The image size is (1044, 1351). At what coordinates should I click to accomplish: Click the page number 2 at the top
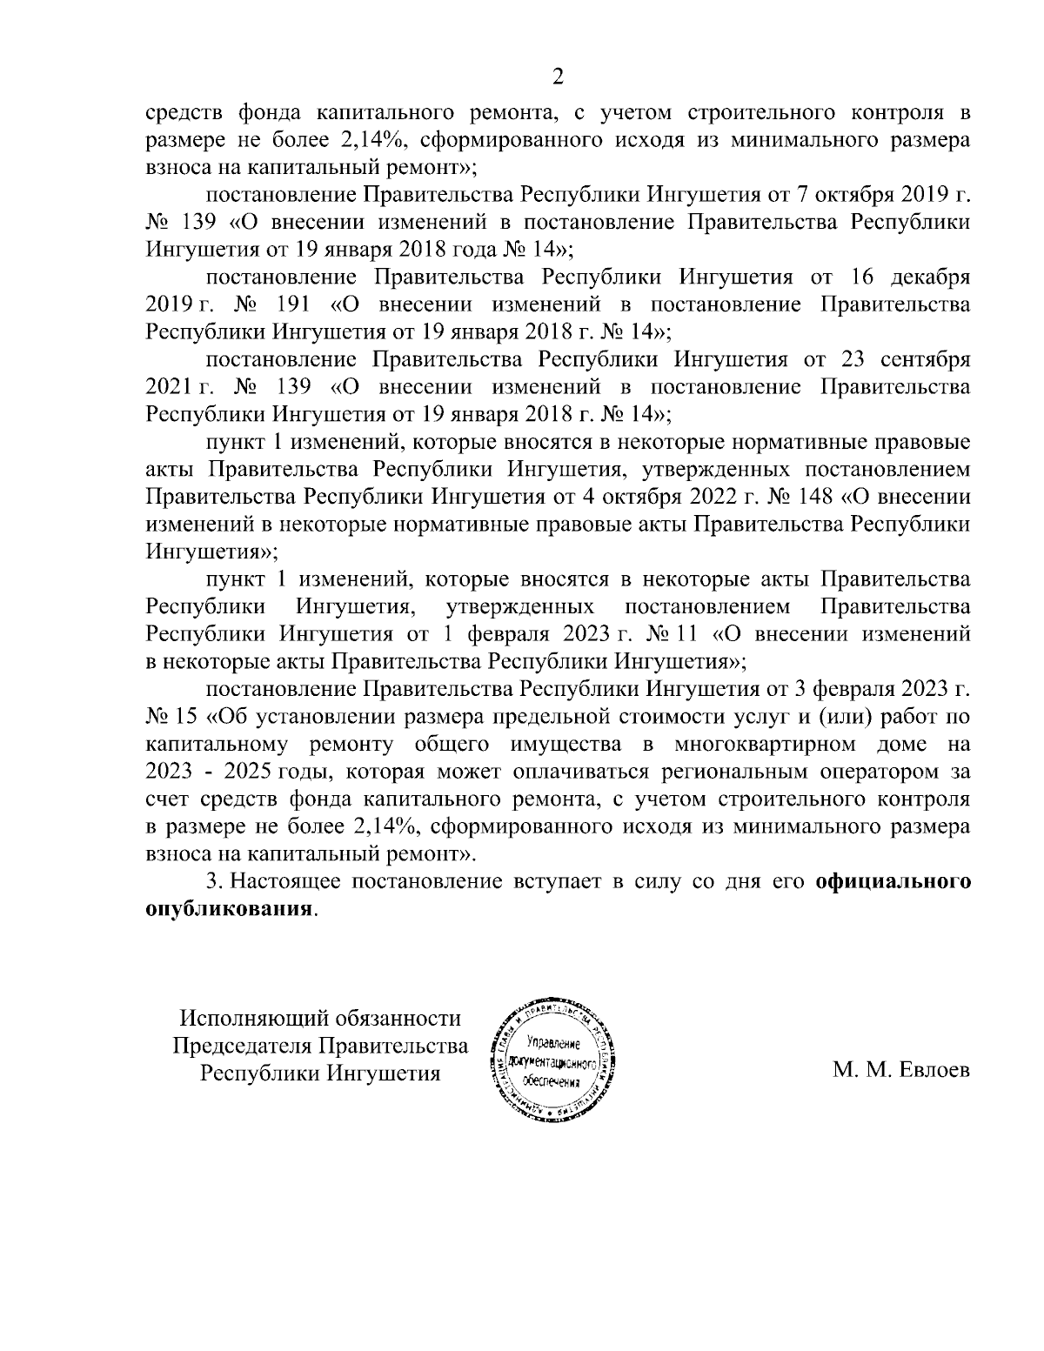[559, 78]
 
